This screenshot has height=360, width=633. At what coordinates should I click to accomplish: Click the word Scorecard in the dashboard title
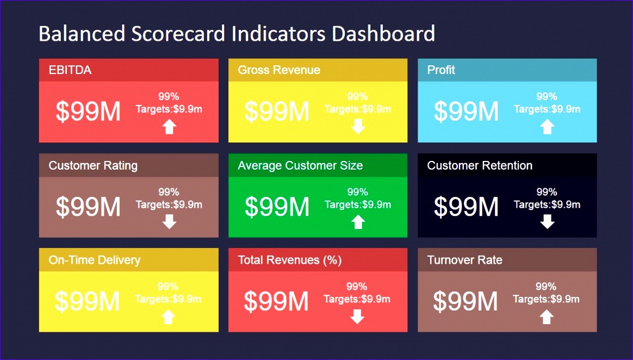pyautogui.click(x=178, y=34)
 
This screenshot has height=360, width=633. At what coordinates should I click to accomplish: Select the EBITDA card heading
pyautogui.click(x=70, y=70)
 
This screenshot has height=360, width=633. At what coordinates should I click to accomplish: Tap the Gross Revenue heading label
pyautogui.click(x=279, y=70)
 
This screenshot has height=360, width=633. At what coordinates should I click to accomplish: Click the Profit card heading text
pyautogui.click(x=441, y=70)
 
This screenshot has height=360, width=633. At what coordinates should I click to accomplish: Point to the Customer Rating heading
pyautogui.click(x=93, y=165)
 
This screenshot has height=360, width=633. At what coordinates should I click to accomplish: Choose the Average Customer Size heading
pyautogui.click(x=300, y=165)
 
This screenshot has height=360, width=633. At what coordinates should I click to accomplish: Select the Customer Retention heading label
pyautogui.click(x=480, y=165)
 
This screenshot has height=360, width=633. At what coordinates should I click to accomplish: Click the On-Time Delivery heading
pyautogui.click(x=95, y=260)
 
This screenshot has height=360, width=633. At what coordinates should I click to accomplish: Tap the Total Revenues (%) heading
pyautogui.click(x=290, y=260)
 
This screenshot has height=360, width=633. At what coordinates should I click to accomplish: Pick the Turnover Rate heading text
pyautogui.click(x=464, y=260)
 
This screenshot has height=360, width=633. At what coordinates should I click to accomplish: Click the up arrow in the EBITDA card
pyautogui.click(x=169, y=127)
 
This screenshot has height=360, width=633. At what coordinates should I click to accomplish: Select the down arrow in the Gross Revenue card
pyautogui.click(x=358, y=127)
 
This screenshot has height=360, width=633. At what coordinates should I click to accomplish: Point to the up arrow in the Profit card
pyautogui.click(x=547, y=127)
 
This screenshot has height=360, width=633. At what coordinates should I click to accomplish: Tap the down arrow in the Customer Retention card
pyautogui.click(x=547, y=221)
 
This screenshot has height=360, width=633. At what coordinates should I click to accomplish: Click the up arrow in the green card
pyautogui.click(x=358, y=221)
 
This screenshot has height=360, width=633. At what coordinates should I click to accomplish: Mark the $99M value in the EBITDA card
pyautogui.click(x=88, y=111)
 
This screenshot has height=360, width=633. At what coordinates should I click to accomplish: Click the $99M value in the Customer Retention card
pyautogui.click(x=466, y=207)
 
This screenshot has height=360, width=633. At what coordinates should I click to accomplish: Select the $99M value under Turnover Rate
pyautogui.click(x=466, y=301)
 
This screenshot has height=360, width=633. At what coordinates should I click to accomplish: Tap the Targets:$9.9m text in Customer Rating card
pyautogui.click(x=169, y=205)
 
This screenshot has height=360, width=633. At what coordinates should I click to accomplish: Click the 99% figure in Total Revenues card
pyautogui.click(x=357, y=287)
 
